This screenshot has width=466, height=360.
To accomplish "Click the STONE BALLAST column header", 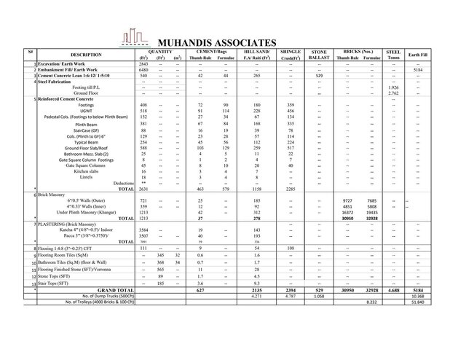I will [x=319, y=55].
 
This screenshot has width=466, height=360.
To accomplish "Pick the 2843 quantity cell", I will [x=143, y=64].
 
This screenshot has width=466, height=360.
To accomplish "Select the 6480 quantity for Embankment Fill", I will [x=143, y=70].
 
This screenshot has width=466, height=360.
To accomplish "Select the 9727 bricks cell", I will [x=347, y=200].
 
